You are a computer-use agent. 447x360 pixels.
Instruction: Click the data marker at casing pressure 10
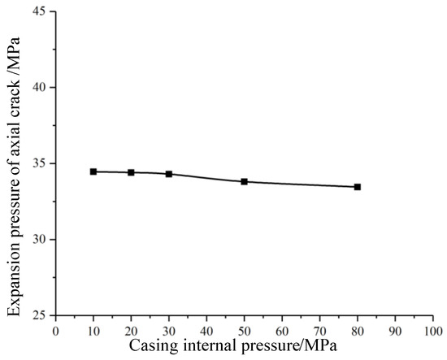click(x=93, y=171)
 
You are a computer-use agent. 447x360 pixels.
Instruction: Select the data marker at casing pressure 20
click(x=131, y=172)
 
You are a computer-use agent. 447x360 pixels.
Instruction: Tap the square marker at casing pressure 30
click(x=169, y=174)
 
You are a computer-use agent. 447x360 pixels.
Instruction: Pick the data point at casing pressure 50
click(x=245, y=181)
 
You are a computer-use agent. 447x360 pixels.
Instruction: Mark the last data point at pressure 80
click(x=358, y=187)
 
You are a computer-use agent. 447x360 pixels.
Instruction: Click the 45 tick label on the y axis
click(x=39, y=11)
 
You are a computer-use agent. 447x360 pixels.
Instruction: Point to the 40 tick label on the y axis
click(x=39, y=87)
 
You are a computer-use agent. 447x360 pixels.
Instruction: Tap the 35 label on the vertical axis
click(x=39, y=163)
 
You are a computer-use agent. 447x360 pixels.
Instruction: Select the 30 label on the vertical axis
click(x=39, y=239)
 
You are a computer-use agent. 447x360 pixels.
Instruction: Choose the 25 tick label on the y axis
click(x=39, y=315)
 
